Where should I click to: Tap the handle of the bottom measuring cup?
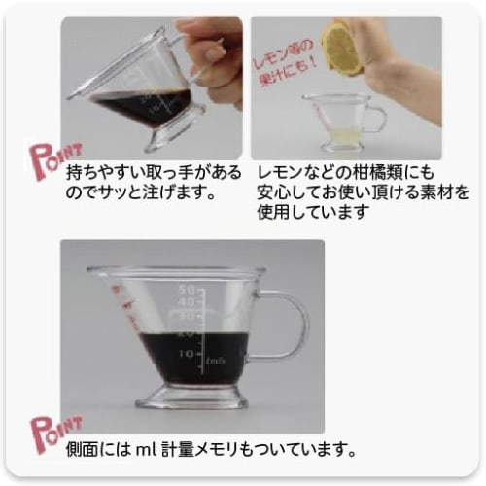[x=288, y=326]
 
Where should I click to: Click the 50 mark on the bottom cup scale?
[x=190, y=289]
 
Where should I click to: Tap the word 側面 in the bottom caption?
[x=82, y=450]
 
